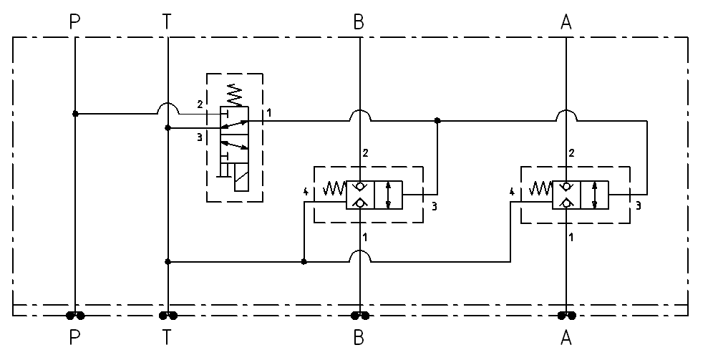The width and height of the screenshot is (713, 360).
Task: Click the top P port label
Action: (x=75, y=22)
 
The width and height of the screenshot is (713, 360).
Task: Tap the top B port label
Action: (x=359, y=22)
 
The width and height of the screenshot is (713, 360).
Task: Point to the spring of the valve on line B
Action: (x=334, y=189)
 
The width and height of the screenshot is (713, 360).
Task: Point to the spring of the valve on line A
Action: (x=540, y=189)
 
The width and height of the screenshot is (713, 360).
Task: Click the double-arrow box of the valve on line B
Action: (x=388, y=195)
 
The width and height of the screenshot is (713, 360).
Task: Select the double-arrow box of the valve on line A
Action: (x=594, y=195)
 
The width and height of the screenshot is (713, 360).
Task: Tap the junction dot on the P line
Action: (x=75, y=114)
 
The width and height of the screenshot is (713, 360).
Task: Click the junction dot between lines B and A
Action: (x=437, y=122)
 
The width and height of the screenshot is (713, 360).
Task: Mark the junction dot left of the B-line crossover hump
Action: (x=304, y=262)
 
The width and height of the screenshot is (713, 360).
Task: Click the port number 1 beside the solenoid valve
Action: (x=268, y=113)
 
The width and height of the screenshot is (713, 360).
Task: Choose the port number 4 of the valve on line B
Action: (x=306, y=191)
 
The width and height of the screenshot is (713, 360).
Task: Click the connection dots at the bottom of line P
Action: (x=75, y=315)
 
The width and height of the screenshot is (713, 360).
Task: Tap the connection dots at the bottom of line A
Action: (x=566, y=315)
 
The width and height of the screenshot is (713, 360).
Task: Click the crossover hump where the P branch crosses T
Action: (x=167, y=109)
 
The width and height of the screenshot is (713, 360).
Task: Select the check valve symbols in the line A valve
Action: (x=566, y=195)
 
